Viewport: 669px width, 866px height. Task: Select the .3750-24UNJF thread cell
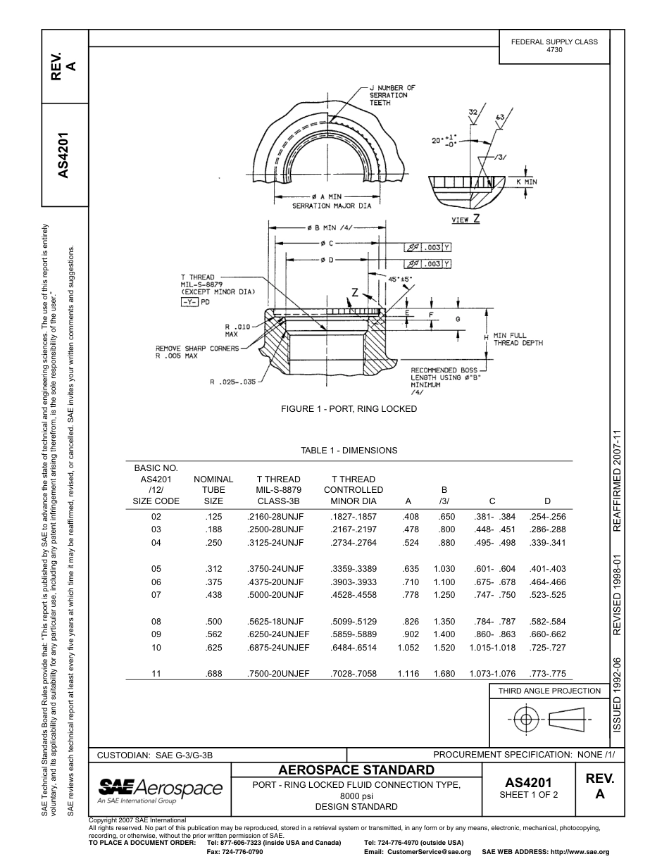[275, 569]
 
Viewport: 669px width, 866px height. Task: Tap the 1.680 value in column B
[444, 674]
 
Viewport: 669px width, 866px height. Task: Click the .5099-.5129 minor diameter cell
[353, 622]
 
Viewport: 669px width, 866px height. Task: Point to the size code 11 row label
[156, 674]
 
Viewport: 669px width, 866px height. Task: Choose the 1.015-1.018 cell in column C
[492, 648]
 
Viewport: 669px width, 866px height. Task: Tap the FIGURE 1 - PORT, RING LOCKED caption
[349, 409]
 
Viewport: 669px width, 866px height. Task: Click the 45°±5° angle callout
[400, 278]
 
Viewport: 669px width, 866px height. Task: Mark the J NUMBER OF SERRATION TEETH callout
[392, 95]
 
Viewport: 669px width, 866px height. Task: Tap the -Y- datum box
[189, 301]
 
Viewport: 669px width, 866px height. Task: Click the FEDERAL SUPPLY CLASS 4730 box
[554, 46]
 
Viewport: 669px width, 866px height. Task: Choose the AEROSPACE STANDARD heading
[356, 769]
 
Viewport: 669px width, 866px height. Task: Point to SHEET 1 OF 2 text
[528, 795]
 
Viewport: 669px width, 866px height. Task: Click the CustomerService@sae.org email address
[418, 852]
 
